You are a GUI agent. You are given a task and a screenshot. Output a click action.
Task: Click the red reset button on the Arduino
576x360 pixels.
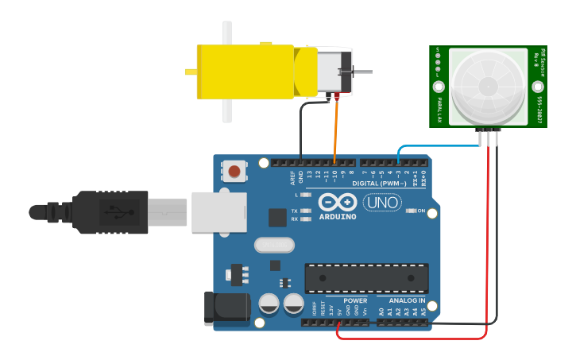(x=234, y=171)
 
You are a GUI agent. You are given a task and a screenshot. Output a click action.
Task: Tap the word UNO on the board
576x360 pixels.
(x=382, y=203)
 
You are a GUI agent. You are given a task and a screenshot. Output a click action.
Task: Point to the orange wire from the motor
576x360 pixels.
(x=335, y=127)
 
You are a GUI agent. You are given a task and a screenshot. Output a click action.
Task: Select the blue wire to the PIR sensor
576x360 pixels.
(x=429, y=146)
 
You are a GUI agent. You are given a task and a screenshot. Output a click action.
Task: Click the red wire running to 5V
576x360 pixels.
(x=487, y=238)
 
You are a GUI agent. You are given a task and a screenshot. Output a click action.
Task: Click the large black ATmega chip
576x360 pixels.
(x=366, y=278)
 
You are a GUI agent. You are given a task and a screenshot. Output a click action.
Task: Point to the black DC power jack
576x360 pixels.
(x=226, y=308)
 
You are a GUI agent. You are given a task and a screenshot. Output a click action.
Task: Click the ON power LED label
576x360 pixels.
(x=421, y=211)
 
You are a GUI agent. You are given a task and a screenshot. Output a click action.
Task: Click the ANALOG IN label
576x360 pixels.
(x=407, y=301)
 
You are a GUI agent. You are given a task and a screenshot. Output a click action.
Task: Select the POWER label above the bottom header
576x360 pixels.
(x=355, y=301)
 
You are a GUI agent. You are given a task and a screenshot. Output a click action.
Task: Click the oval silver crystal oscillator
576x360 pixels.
(x=274, y=246)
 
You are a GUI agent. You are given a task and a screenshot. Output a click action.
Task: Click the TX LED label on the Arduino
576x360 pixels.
(x=295, y=211)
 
